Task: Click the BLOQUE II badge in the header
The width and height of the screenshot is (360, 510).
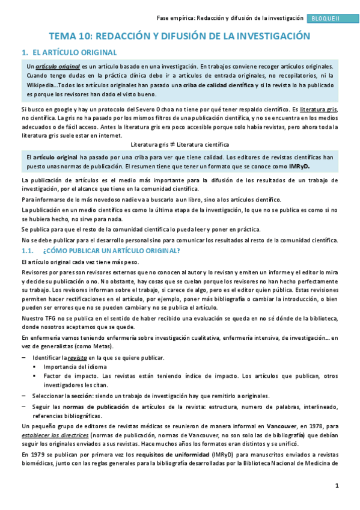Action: click(325, 19)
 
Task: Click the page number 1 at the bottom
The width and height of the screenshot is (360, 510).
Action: click(337, 485)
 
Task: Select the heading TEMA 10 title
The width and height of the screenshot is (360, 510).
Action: click(179, 36)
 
